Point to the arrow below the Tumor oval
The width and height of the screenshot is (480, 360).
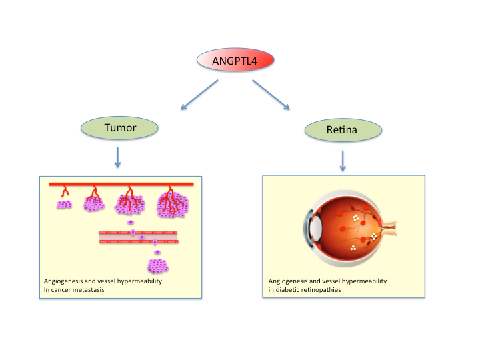tap(118, 157)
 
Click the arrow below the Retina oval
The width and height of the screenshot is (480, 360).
tap(343, 160)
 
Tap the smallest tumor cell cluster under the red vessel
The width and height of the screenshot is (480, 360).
tap(64, 204)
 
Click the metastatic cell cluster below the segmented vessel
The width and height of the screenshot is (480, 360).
tap(158, 266)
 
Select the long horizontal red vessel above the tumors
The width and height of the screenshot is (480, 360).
tap(121, 184)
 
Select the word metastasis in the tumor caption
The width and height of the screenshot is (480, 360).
tap(101, 289)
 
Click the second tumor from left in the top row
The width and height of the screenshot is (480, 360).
tap(93, 201)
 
